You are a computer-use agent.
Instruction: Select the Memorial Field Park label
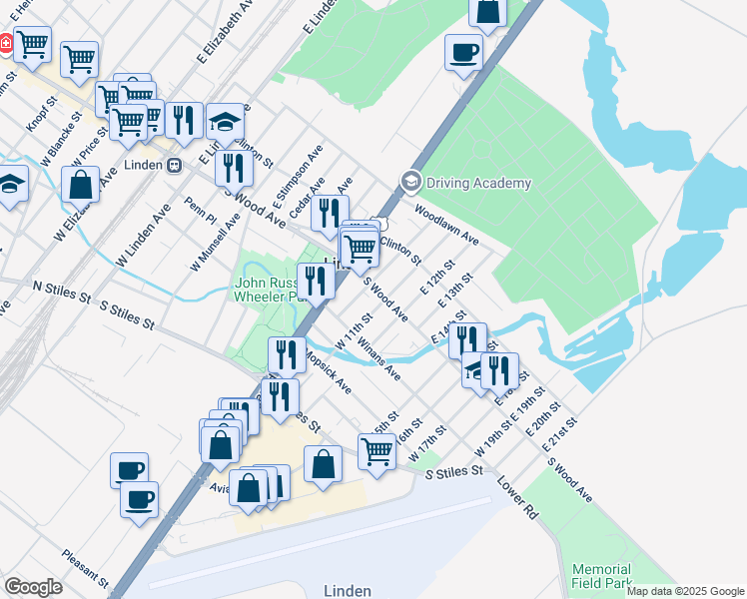coord(602,575)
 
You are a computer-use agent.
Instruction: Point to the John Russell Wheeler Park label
coord(267,289)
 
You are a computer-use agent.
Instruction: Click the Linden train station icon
coord(174,165)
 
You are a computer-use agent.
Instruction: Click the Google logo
coord(33,587)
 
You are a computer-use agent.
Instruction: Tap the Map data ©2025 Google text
coord(684,591)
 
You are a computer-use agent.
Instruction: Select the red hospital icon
coord(5,43)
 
